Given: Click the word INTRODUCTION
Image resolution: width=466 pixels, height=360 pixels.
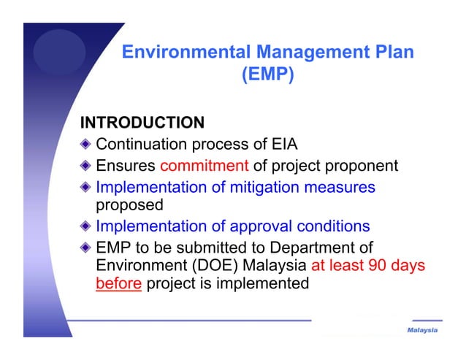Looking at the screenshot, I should tap(142, 121).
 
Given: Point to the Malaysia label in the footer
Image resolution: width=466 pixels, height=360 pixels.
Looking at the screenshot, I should tap(422, 331).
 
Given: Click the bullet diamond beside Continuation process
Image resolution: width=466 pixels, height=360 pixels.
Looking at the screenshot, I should tap(87, 144).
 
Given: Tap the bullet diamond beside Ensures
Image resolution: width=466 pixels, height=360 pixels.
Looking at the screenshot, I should tap(87, 166).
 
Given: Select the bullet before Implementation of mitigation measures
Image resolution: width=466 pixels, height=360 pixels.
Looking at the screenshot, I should tap(87, 188).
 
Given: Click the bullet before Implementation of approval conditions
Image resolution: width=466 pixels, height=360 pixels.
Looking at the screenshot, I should tap(87, 226).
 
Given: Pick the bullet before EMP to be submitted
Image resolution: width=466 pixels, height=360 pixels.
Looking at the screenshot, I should tap(87, 248).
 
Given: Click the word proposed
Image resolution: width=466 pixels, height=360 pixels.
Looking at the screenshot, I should tap(129, 205).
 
